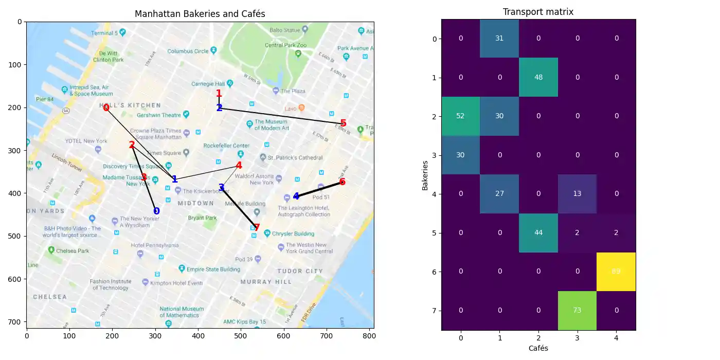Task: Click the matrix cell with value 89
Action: tap(616, 272)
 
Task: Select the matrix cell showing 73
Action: tap(577, 310)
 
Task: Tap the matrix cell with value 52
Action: tap(460, 116)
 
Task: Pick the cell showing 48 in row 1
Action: tap(538, 77)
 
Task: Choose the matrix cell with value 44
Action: tap(538, 232)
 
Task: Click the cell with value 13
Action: tap(577, 194)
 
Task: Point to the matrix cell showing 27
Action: tap(499, 194)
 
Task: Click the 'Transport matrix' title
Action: tap(538, 12)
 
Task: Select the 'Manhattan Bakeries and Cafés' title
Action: tap(200, 14)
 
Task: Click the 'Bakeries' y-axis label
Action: tap(425, 175)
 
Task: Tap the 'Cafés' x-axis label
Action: tap(538, 348)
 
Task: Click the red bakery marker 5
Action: tap(343, 123)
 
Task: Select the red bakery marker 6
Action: tap(342, 182)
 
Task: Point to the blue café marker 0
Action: tap(156, 211)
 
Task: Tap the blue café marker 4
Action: tap(296, 196)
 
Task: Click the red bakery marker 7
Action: tap(257, 227)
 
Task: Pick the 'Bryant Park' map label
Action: tap(203, 218)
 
